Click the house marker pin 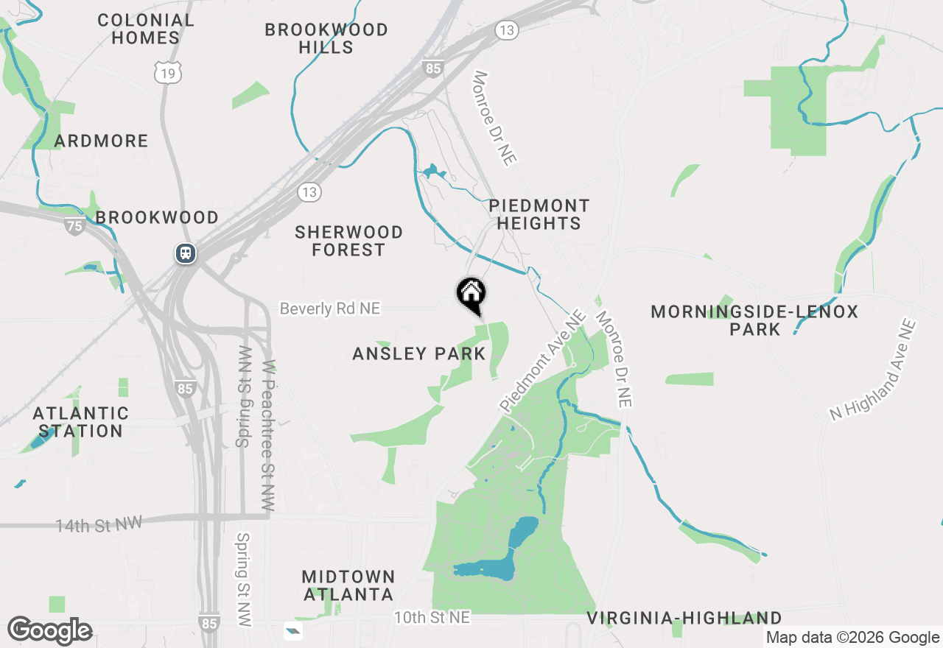coord(471,295)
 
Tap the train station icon coord(185,253)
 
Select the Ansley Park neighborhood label coord(419,353)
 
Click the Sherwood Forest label coord(348,241)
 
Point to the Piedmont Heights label coord(539,214)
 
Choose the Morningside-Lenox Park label coord(754,320)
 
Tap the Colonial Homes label coord(146,29)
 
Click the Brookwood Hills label coord(326,38)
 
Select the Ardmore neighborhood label coord(101,141)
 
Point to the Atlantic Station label coord(81,422)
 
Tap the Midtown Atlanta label coord(348,585)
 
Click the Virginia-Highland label coord(684,618)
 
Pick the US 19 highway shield coord(168,72)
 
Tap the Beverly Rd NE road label coord(330,309)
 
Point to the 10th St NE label coord(432,618)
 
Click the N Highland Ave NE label coord(873,370)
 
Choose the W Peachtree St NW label coord(268,436)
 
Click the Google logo coord(50,631)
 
